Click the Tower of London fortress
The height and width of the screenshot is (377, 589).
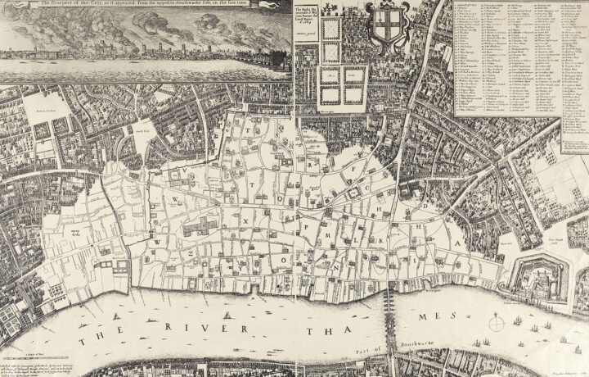(536, 275)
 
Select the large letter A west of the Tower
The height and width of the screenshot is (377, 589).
(469, 243)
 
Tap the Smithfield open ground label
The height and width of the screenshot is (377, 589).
(139, 131)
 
